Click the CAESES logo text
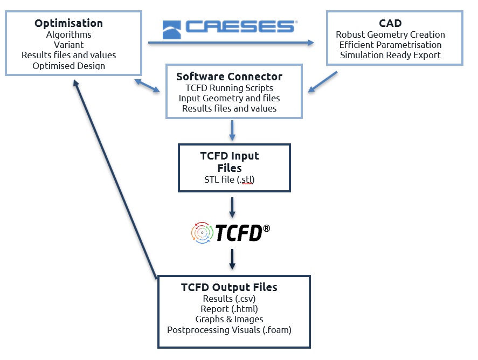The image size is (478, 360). click(x=241, y=26)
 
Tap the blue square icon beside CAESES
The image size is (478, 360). click(x=171, y=30)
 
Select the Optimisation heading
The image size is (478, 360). click(x=68, y=23)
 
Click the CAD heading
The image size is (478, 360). click(x=390, y=23)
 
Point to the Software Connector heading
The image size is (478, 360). click(x=229, y=77)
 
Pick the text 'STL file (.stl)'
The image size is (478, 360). click(x=229, y=179)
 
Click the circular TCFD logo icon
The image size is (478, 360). click(x=202, y=233)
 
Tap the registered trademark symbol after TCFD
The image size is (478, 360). click(x=266, y=229)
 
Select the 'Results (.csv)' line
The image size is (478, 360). click(x=229, y=299)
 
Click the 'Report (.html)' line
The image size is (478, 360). click(x=229, y=309)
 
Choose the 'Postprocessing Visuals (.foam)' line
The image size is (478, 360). click(x=229, y=330)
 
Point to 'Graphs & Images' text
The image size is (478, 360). click(x=229, y=319)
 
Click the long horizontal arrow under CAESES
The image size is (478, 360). click(x=231, y=43)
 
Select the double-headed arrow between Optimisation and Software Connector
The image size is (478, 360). click(x=147, y=86)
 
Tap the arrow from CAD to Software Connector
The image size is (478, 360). click(x=322, y=82)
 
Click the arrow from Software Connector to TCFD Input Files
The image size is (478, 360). click(x=232, y=130)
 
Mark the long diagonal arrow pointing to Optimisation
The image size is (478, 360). click(x=115, y=179)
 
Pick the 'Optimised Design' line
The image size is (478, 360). click(x=68, y=66)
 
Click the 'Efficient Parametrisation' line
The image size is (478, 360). click(x=390, y=45)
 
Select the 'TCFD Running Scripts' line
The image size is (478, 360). click(x=229, y=88)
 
